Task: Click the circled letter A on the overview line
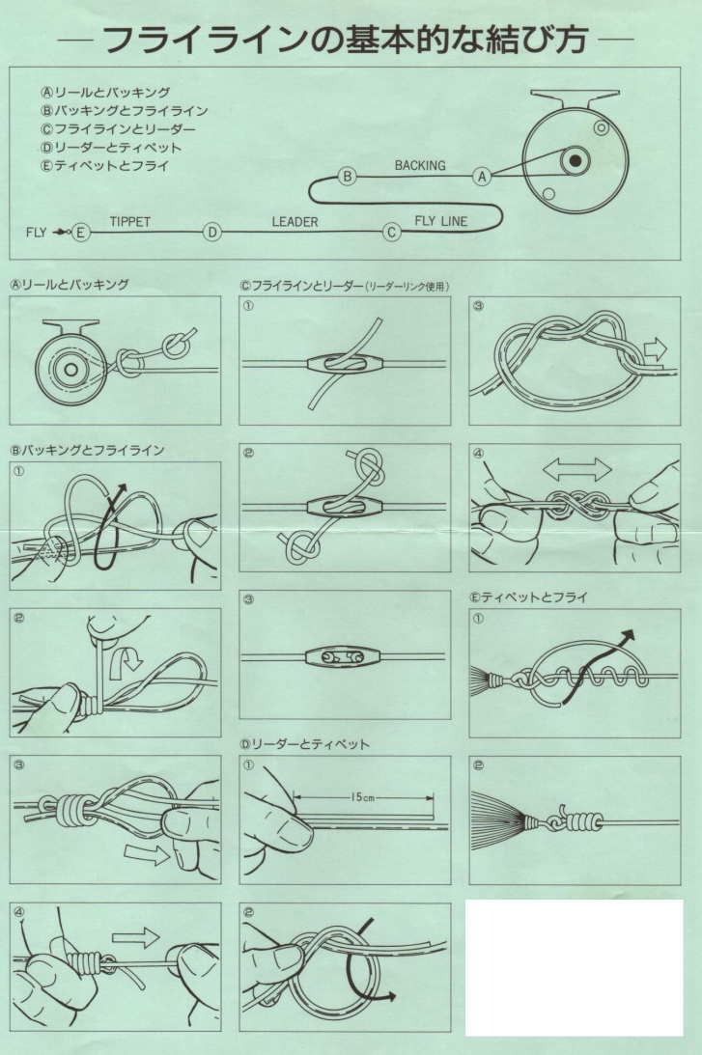tap(482, 177)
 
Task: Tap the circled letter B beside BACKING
tap(348, 177)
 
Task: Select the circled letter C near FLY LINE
tap(392, 232)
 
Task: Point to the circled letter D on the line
tap(212, 232)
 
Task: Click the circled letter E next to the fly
tap(80, 232)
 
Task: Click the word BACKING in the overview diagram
tap(420, 165)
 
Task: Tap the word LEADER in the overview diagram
tap(295, 221)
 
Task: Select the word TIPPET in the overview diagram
tap(130, 221)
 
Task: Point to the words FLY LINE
tap(441, 221)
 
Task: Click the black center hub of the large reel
tap(575, 160)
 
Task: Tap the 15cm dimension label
tap(362, 797)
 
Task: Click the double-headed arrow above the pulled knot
tap(577, 469)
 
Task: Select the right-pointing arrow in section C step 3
tap(655, 349)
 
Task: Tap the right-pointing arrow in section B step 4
tap(135, 937)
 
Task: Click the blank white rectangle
tap(575, 967)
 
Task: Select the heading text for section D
tap(305, 744)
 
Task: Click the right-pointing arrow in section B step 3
tap(147, 854)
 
